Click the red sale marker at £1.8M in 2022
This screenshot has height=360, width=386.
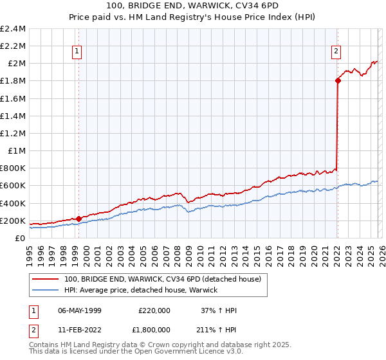(338, 80)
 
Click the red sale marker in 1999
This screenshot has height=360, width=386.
(78, 219)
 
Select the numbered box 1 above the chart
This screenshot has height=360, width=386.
(77, 52)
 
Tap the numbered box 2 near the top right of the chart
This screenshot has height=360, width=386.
(336, 52)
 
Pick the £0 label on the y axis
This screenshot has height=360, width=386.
(21, 238)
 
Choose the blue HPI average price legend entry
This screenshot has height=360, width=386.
(141, 290)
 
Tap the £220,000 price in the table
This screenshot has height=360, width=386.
(154, 310)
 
